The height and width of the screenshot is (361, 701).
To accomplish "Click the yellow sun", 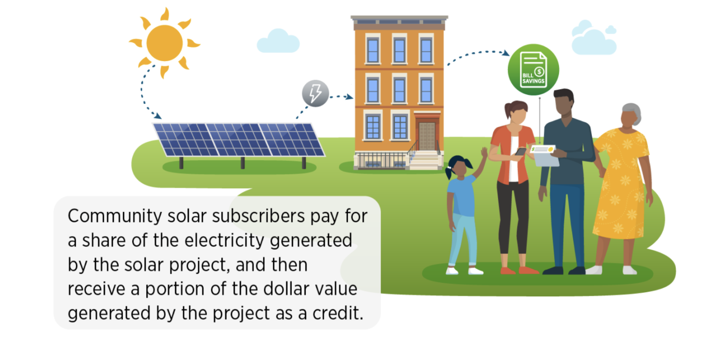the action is pos(164,43).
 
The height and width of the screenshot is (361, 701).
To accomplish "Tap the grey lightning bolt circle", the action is pos(315,93).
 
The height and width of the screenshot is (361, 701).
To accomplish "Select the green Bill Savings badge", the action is pos(533,70).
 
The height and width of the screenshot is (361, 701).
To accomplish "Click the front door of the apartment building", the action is pos(427,136).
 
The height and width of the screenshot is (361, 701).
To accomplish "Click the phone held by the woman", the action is pos(521,152).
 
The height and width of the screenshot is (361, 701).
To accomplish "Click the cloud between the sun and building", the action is pos(278,41).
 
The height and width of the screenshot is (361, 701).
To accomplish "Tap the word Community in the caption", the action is pos(114,216).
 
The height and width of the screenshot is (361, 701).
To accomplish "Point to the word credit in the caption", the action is pos(337,313).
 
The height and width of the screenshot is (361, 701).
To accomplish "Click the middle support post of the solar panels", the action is pos(243,163).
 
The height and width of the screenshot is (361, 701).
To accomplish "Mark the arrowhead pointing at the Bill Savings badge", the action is pos(506,53).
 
